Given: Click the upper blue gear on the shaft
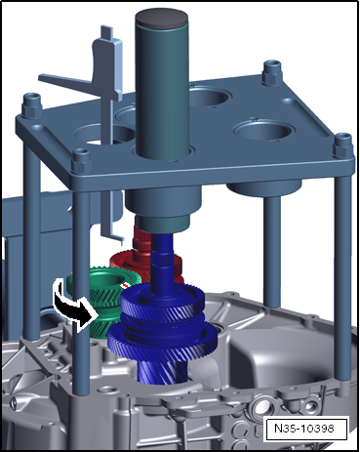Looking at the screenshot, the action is (163, 301).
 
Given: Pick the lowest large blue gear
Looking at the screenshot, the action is (163, 340).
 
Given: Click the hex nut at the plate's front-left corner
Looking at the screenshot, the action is (81, 160).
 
